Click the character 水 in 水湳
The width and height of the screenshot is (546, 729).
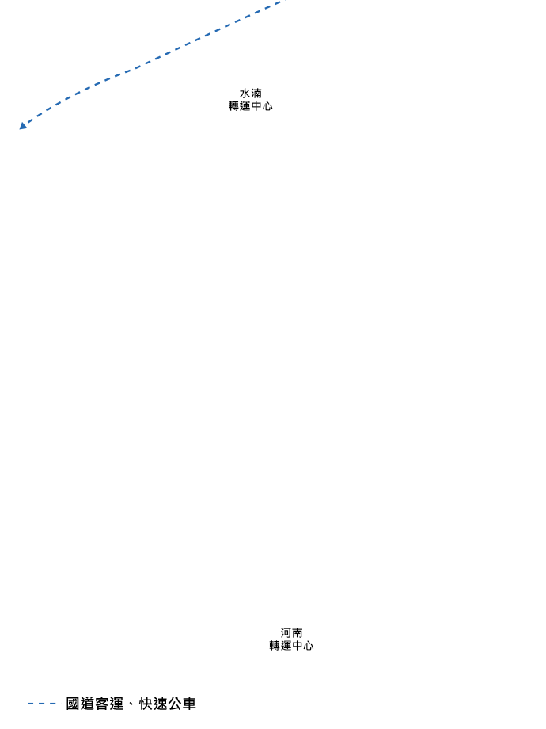point(245,94)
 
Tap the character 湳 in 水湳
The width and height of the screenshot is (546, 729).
point(256,94)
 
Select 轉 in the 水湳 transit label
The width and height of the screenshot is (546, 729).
point(234,105)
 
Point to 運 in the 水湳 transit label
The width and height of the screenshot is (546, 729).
point(245,105)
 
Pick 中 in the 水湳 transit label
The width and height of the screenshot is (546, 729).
point(256,105)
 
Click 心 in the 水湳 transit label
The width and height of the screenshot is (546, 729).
point(267,105)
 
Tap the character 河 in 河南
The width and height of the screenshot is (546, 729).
point(286,633)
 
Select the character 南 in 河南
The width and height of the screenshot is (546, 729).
point(298,633)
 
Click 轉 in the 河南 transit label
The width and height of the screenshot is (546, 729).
point(275,646)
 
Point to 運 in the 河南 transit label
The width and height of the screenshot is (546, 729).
point(286,646)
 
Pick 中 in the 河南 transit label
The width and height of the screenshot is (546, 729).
point(297,646)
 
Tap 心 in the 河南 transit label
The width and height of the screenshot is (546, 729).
point(308,646)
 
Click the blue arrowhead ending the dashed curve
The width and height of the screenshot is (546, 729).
point(23,125)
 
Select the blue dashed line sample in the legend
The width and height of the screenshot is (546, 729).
point(42,703)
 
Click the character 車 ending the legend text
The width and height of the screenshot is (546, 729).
point(191,703)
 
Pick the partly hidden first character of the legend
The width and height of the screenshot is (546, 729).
point(70,703)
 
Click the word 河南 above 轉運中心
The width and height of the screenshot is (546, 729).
point(292,633)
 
